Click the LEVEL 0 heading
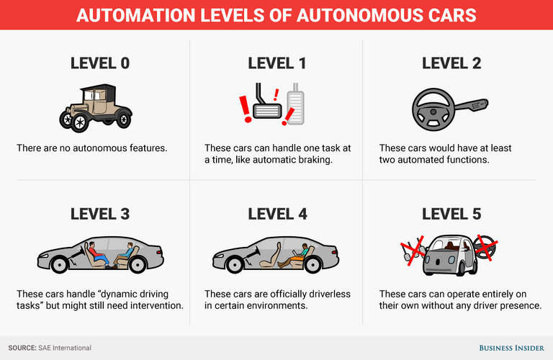pyautogui.click(x=100, y=63)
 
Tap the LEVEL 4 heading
pyautogui.click(x=277, y=214)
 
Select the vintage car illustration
pyautogui.click(x=96, y=108)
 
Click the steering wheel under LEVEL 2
pyautogui.click(x=433, y=109)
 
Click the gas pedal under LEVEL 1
pyautogui.click(x=295, y=104)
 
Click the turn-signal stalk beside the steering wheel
pyautogui.click(x=472, y=105)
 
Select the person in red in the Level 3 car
pyautogui.click(x=98, y=255)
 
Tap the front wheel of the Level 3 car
pyautogui.click(x=59, y=264)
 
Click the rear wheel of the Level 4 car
pyautogui.click(x=313, y=264)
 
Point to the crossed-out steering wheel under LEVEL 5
pyautogui.click(x=485, y=248)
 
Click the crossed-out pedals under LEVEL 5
pyautogui.click(x=413, y=251)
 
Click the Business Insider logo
pyautogui.click(x=511, y=348)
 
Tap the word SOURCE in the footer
pyautogui.click(x=22, y=348)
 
